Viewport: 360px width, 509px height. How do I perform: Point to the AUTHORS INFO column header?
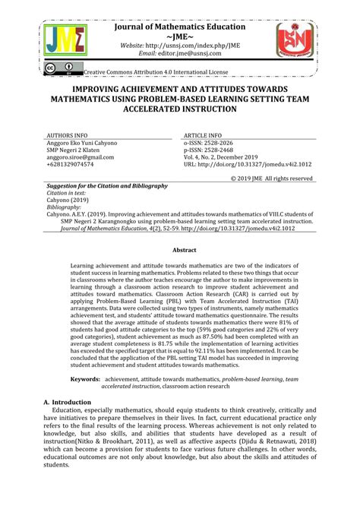pyautogui.click(x=71, y=133)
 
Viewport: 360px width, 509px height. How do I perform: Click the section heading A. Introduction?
pyautogui.click(x=68, y=402)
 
